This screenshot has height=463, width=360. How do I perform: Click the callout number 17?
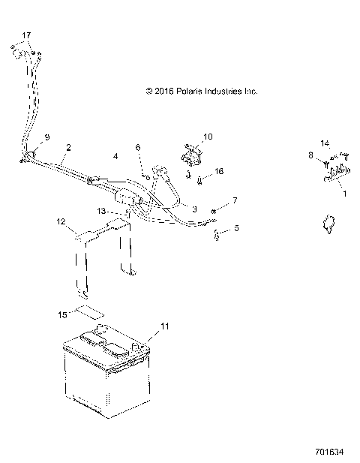point(26,35)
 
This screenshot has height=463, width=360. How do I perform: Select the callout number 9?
point(46,137)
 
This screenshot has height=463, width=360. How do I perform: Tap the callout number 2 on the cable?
point(68,148)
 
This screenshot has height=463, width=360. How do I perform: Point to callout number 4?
point(115,156)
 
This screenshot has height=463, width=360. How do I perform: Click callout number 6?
point(139,149)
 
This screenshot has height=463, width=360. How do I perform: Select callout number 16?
point(219,172)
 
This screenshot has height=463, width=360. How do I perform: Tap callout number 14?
point(325,143)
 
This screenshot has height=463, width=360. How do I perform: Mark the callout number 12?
point(61,222)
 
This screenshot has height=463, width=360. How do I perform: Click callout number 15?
point(64,314)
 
